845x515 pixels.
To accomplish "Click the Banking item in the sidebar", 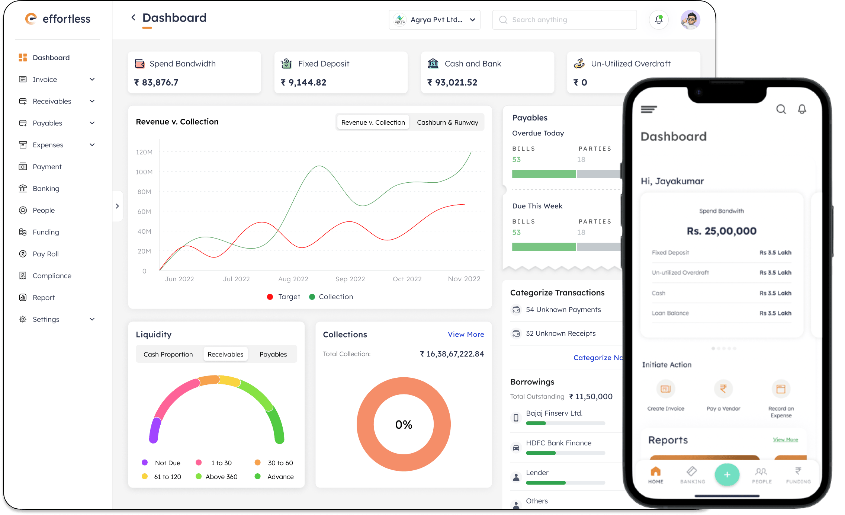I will (46, 189).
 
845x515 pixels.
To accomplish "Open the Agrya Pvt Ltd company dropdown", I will (434, 20).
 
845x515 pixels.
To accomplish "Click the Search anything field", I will (565, 20).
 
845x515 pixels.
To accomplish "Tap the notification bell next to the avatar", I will (659, 20).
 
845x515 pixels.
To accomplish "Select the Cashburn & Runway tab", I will (447, 122).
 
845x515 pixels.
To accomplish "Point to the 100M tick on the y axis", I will (144, 172).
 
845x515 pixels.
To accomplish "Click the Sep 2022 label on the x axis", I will (350, 279).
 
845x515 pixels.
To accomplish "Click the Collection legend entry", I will (335, 297).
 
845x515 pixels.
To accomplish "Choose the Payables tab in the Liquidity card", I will (273, 354).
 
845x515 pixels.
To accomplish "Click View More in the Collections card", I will (466, 334).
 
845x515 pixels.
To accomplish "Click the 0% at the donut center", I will (404, 425).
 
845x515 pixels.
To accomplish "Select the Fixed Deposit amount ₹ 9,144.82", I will (307, 82).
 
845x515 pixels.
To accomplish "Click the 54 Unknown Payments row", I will (563, 310).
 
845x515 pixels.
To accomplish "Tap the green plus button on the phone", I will (727, 474).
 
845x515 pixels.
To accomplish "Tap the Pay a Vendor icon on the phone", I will (723, 389).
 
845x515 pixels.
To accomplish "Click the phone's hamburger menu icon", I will (649, 109).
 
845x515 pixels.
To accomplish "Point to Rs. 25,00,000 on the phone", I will (721, 231).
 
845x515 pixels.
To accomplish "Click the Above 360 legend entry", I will (221, 477).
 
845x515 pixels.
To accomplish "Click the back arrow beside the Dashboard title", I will (133, 17).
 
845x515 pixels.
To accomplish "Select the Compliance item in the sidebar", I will (52, 276).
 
